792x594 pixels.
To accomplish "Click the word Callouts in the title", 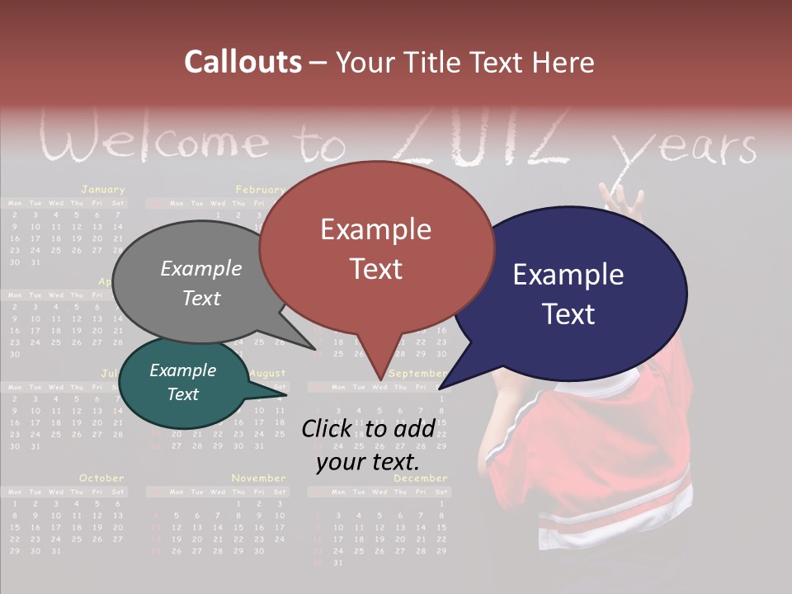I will pyautogui.click(x=243, y=62).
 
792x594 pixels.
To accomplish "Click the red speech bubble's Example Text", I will pyautogui.click(x=375, y=248).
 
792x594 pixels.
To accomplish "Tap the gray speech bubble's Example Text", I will pyautogui.click(x=200, y=283).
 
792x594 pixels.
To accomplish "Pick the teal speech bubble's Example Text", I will pyautogui.click(x=182, y=382).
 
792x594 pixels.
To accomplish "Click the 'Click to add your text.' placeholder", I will pyautogui.click(x=368, y=445).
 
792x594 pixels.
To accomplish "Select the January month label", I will pyautogui.click(x=102, y=190).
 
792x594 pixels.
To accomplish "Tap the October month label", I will pyautogui.click(x=101, y=478).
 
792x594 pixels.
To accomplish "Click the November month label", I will pyautogui.click(x=258, y=478).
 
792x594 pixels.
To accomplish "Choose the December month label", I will pyautogui.click(x=420, y=478).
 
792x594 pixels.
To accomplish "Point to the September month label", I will pyautogui.click(x=417, y=374).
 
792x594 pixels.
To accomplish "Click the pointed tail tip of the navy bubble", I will pyautogui.click(x=441, y=388).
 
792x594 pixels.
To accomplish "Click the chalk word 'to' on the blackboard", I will pyautogui.click(x=322, y=146).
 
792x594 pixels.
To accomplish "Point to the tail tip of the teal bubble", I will pyautogui.click(x=285, y=394).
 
